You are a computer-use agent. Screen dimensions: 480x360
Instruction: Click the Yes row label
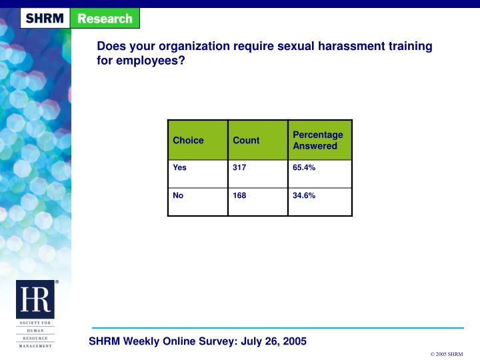180,167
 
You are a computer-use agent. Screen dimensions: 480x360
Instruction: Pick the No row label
178,195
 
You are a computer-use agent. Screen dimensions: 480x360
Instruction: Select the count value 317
239,167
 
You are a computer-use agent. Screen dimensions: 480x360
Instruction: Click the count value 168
239,195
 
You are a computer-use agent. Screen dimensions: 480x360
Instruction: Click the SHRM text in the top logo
45,19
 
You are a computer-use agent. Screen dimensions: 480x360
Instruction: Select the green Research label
105,19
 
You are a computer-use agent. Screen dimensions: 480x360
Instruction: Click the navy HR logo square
35,299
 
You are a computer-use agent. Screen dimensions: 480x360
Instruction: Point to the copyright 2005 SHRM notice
447,354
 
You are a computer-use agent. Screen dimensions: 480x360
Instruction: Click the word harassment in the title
351,46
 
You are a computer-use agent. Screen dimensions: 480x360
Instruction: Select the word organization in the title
194,47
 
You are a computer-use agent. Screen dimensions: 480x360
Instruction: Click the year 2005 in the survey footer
295,341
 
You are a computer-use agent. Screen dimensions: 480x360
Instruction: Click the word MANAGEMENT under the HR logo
35,346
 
